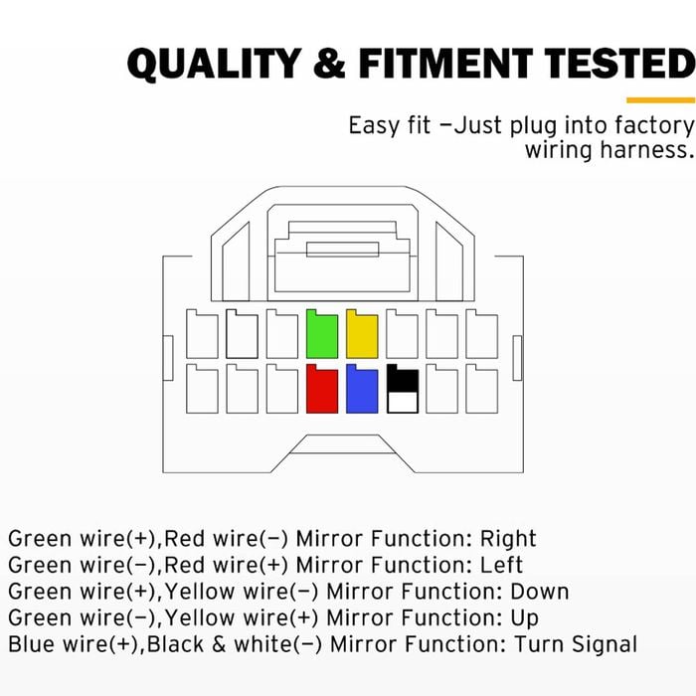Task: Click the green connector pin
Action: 322,334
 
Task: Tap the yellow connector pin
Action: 362,334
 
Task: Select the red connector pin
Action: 322,390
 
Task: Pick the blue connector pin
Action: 362,390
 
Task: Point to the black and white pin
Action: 402,390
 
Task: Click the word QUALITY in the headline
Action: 215,64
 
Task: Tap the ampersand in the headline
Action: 330,64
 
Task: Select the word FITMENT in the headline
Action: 445,64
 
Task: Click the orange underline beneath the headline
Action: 661,100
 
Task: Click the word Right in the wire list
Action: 508,539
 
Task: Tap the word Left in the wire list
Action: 501,565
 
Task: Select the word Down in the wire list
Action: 540,592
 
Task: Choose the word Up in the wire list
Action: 525,618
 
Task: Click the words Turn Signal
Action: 576,644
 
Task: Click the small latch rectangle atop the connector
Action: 343,250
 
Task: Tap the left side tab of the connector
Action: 168,358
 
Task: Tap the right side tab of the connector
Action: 517,358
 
